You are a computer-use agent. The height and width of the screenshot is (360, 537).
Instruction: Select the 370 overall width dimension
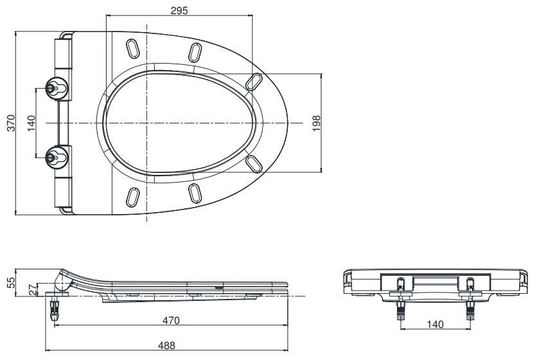(x=10, y=122)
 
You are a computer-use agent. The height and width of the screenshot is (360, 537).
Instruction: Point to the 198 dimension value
(x=316, y=122)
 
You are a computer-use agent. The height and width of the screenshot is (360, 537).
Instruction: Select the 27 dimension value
(x=30, y=290)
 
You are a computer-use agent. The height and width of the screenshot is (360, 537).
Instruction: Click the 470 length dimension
(x=170, y=319)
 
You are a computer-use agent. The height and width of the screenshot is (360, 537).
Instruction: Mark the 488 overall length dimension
(x=166, y=345)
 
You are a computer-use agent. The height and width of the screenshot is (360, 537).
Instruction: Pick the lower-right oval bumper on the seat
(x=254, y=164)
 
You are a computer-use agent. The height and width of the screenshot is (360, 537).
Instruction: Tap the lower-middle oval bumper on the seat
(x=195, y=192)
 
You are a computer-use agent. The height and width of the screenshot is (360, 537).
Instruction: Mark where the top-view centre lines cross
(x=148, y=122)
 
